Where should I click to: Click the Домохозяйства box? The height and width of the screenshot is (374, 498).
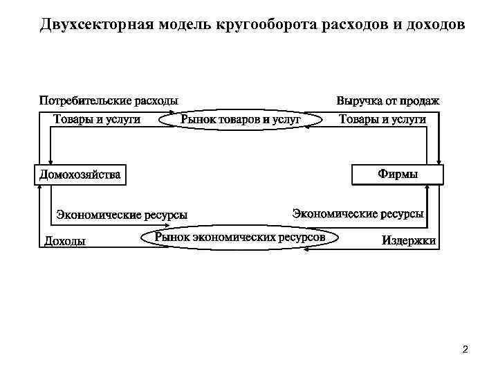tap(80, 175)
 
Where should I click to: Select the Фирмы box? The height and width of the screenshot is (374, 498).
tap(398, 175)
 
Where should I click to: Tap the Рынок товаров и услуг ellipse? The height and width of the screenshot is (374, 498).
tap(241, 120)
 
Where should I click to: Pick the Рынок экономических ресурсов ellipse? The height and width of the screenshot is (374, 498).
tap(240, 238)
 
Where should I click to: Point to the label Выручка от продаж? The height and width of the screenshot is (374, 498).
tap(387, 101)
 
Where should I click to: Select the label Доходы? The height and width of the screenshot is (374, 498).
tap(65, 241)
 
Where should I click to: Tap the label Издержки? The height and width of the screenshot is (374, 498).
tap(409, 241)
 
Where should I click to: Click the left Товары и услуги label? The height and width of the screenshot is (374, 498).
tap(97, 120)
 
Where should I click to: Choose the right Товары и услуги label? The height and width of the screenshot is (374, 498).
tap(382, 120)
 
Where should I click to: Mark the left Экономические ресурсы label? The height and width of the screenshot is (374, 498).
tap(122, 215)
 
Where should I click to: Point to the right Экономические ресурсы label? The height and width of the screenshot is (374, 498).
tap(358, 214)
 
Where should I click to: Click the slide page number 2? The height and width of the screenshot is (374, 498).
tap(465, 349)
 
